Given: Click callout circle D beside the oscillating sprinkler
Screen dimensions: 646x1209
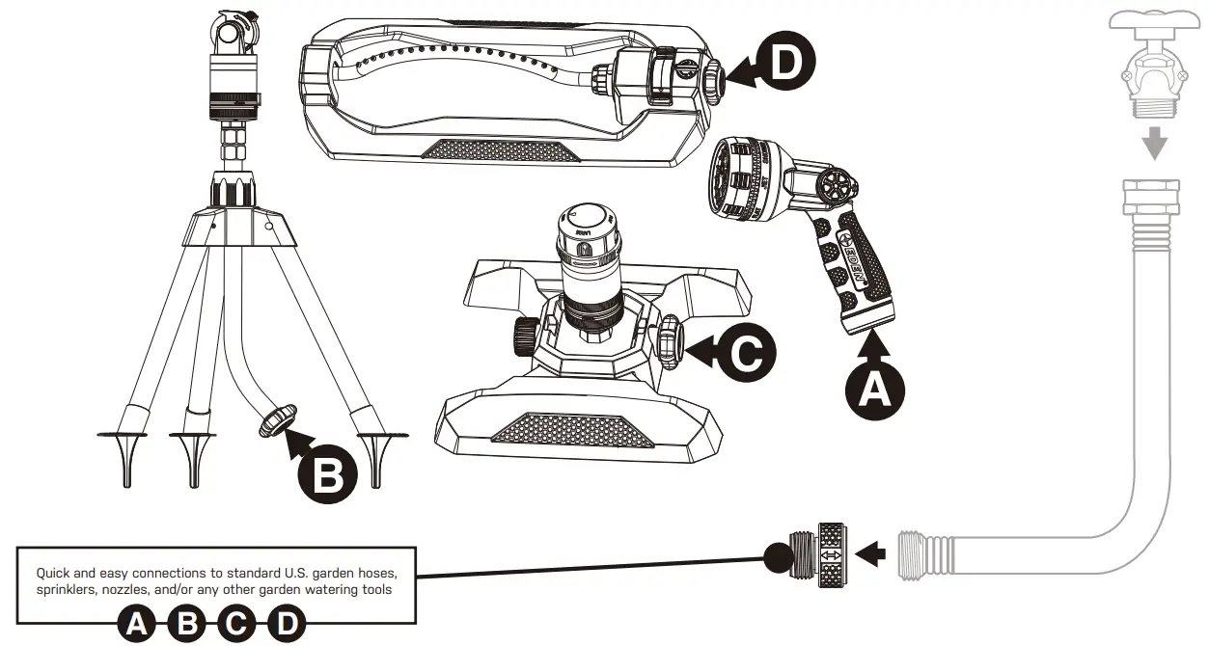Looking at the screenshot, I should tap(784, 63).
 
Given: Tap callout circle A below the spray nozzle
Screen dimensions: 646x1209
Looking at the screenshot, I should tap(874, 388).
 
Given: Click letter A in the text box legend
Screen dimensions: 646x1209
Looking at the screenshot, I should tap(137, 625).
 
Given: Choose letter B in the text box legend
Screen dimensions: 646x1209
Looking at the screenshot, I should tap(187, 625).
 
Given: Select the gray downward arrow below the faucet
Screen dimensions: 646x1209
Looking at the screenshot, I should tap(1154, 145).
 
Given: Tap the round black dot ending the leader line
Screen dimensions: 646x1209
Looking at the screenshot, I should tap(778, 556).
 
